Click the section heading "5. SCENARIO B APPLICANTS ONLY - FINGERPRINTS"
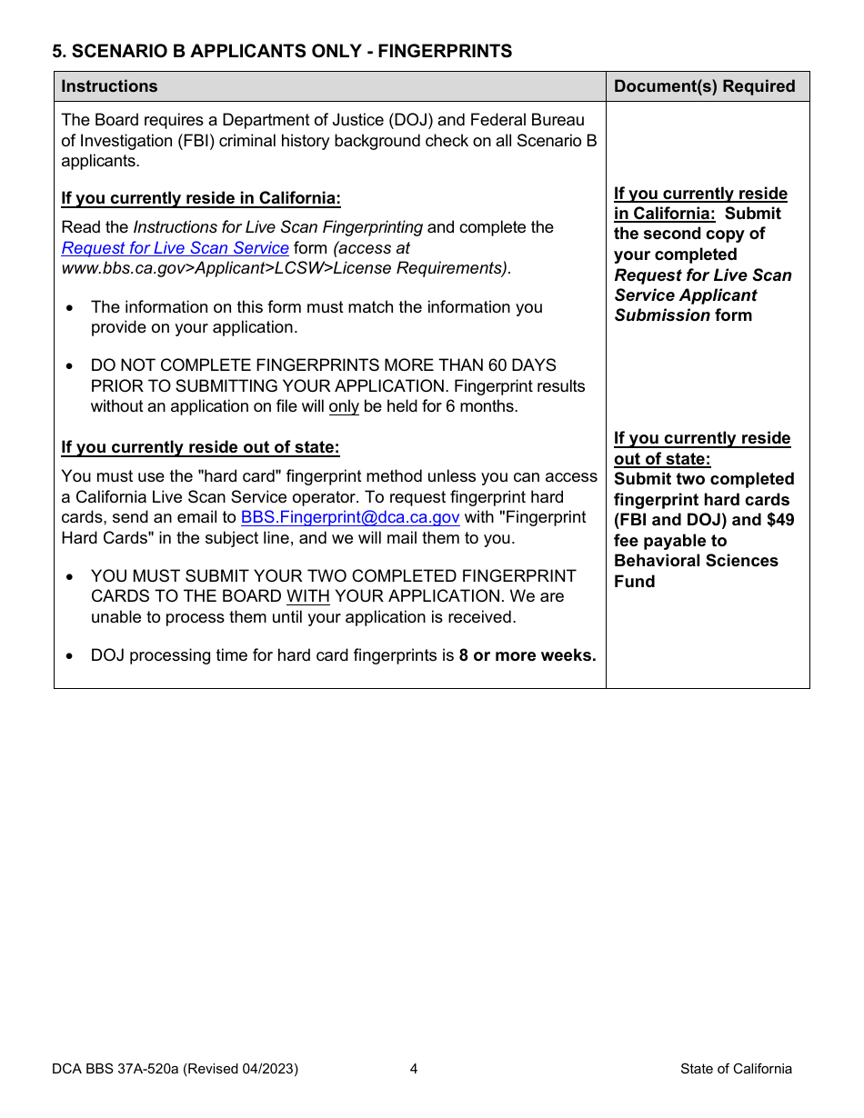point(282,52)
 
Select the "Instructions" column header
point(109,86)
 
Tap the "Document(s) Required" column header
point(705,86)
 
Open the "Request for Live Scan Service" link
point(175,248)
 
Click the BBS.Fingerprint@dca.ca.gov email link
point(350,517)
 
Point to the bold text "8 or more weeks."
point(527,655)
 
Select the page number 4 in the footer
point(414,1069)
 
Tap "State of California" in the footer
point(736,1069)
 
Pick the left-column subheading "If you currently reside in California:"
point(201,198)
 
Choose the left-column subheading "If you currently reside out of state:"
point(200,447)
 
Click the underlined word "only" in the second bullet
point(344,407)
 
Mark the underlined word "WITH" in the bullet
point(308,597)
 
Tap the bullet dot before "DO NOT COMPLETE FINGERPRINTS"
point(71,366)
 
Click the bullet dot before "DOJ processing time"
point(71,656)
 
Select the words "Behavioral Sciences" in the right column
point(696,561)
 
